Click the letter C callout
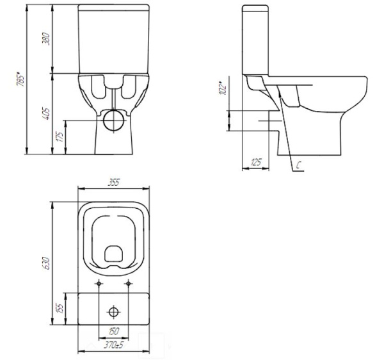pyautogui.click(x=299, y=165)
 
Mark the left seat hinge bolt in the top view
pyautogui.click(x=99, y=282)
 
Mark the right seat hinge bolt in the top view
pyautogui.click(x=129, y=282)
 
